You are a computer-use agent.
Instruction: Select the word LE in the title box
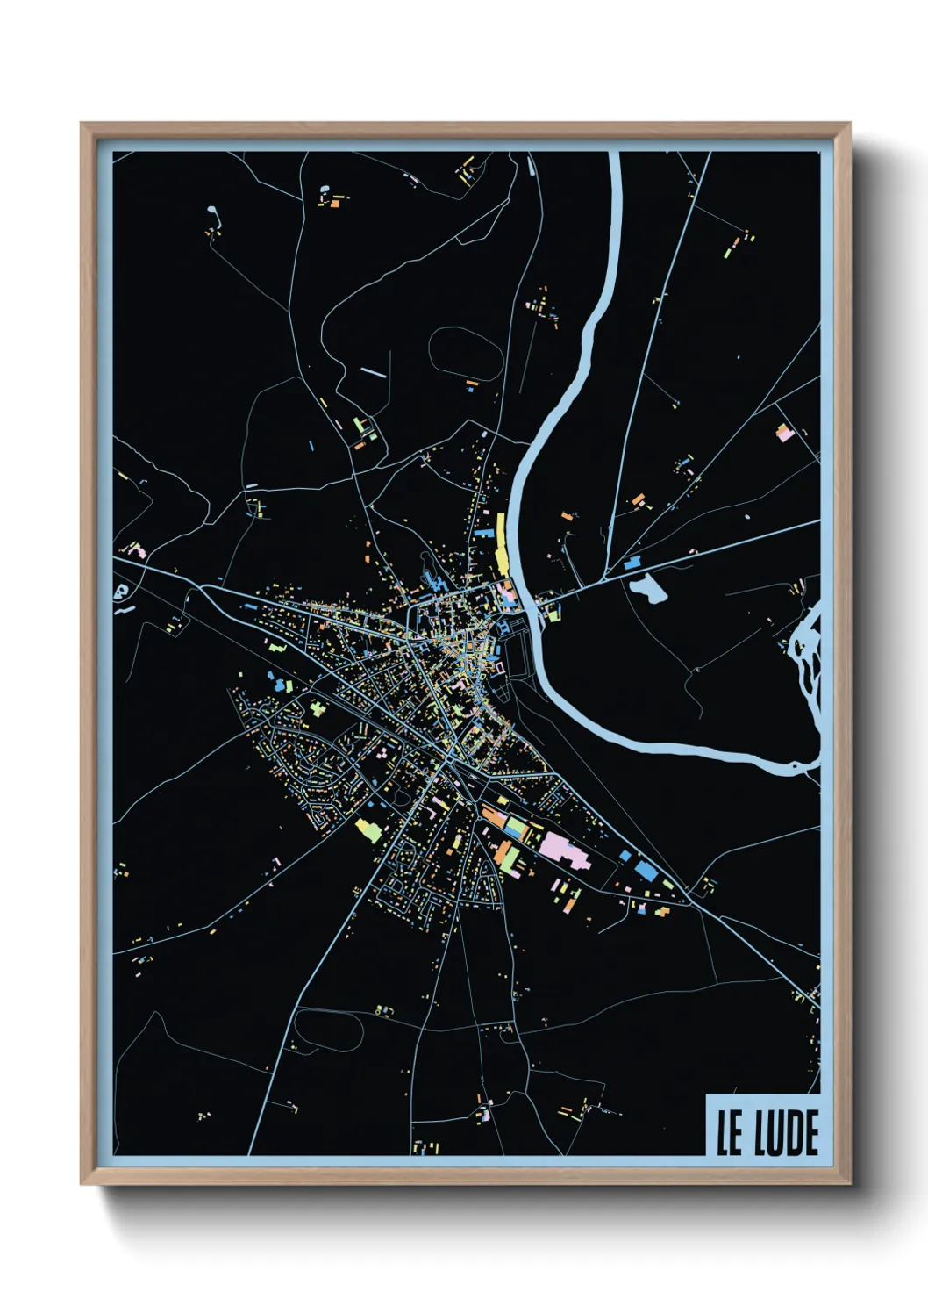tap(729, 1133)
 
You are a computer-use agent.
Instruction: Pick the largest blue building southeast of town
tap(645, 869)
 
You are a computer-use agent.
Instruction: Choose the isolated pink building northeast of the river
tap(783, 432)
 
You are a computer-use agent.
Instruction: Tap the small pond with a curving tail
tap(213, 216)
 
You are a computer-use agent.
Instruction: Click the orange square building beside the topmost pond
tap(334, 204)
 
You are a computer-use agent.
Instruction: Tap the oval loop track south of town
tap(326, 1028)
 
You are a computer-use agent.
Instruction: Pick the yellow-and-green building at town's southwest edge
tap(368, 828)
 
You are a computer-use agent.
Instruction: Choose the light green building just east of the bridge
tap(554, 615)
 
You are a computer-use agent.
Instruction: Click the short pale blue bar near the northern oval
tap(373, 372)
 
